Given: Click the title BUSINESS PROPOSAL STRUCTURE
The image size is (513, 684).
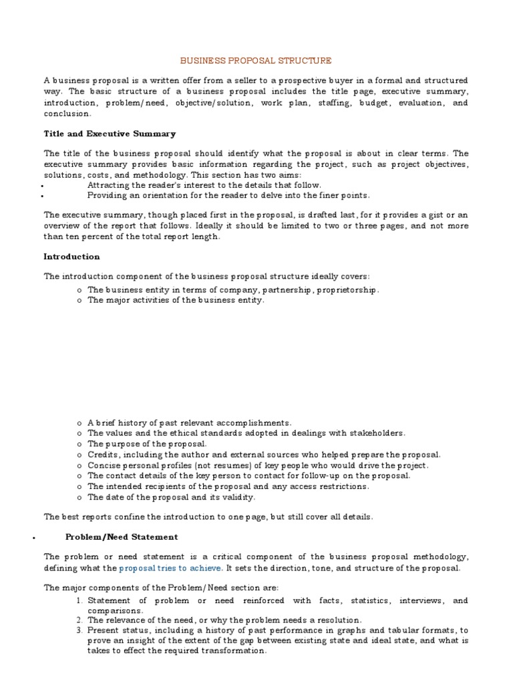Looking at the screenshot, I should click(x=257, y=60).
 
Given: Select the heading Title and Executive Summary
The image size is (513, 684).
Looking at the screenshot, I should click(x=110, y=134).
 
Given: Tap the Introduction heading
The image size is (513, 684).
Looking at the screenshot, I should click(x=71, y=256).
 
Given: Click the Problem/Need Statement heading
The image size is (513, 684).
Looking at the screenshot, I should click(x=121, y=536).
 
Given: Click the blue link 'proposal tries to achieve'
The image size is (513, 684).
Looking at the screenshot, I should click(x=171, y=568).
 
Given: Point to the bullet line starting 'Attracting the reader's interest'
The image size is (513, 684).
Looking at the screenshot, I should click(x=204, y=185).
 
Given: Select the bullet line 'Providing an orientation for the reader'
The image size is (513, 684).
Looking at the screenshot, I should click(x=228, y=195).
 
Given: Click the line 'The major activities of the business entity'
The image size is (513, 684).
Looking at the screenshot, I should click(x=176, y=300).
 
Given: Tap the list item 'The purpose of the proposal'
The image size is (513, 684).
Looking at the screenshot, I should click(x=147, y=444).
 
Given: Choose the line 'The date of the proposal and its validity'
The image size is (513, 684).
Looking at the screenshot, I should click(x=171, y=497).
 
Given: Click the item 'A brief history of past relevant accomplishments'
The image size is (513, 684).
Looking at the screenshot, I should click(x=189, y=423).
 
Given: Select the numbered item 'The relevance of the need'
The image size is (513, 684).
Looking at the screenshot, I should click(x=224, y=620).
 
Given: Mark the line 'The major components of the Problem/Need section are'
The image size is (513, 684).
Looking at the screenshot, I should click(x=160, y=587).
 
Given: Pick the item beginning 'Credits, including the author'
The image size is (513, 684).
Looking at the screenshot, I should click(x=264, y=454).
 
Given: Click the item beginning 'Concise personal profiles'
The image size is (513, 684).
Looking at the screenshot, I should click(x=258, y=465).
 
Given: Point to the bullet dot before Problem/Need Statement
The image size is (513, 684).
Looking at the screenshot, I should click(x=33, y=538).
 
